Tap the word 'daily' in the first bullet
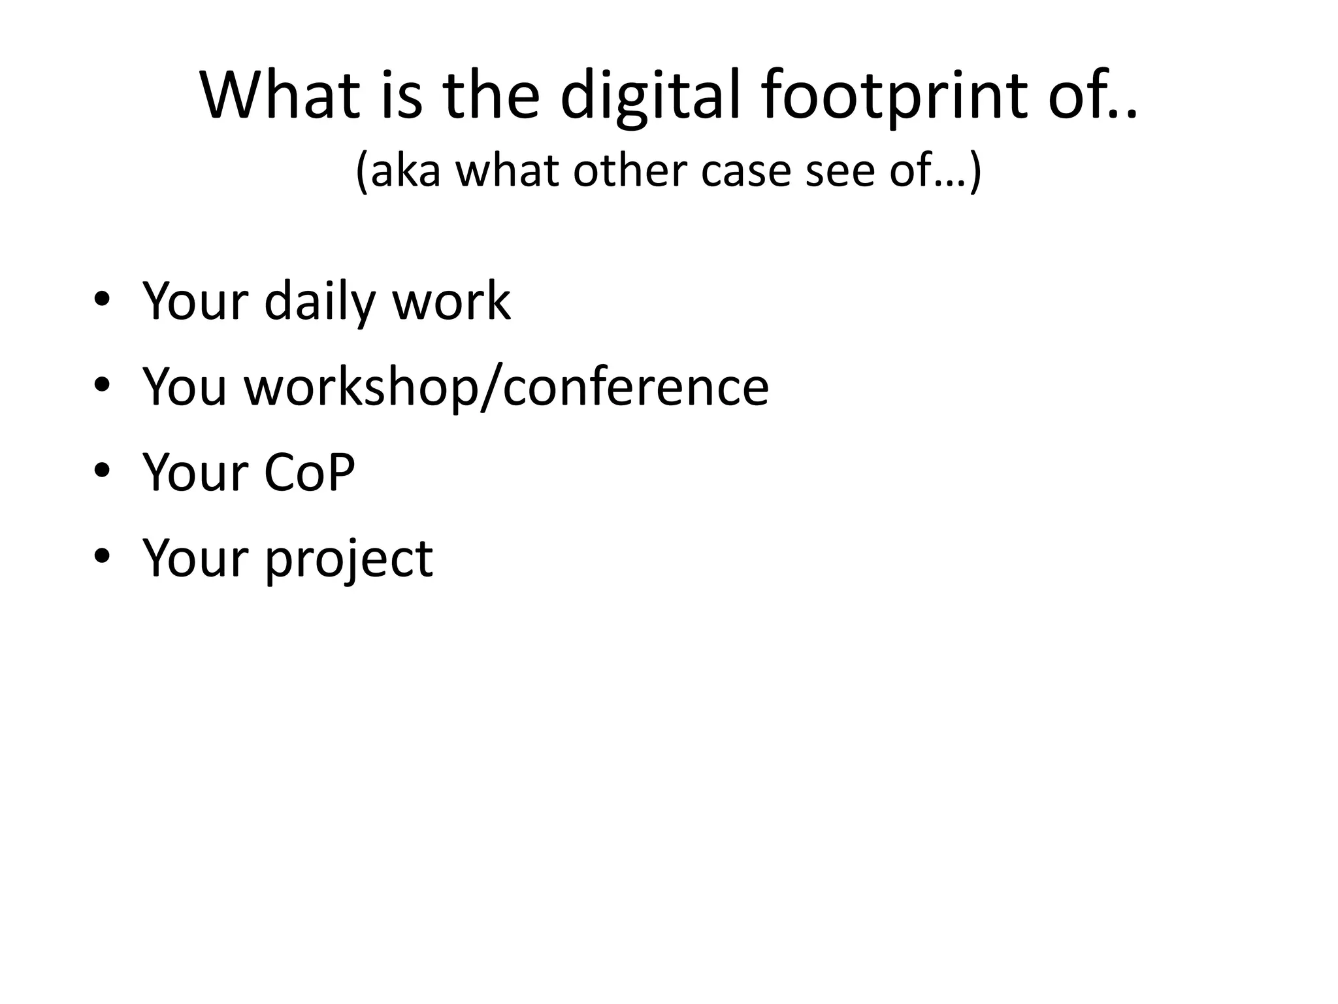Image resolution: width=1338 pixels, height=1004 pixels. [321, 301]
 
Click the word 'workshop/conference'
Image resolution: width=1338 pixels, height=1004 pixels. [506, 387]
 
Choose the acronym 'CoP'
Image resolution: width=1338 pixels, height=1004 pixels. [310, 472]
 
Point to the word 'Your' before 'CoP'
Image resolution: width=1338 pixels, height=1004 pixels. [195, 472]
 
